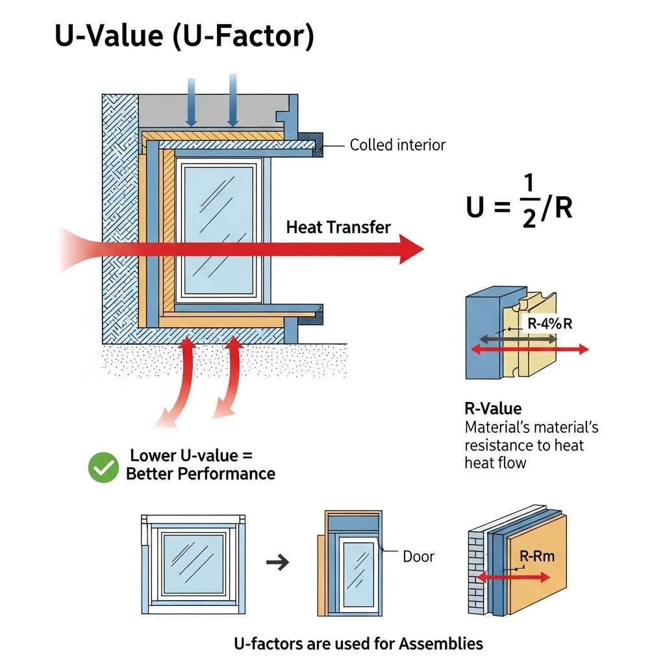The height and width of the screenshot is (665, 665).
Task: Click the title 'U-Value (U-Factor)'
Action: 184,38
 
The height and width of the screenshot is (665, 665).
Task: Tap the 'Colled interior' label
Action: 397,145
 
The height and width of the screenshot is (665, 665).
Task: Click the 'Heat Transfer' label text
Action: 338,227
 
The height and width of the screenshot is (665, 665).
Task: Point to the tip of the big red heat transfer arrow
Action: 421,249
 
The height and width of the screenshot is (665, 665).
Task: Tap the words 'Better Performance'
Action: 201,473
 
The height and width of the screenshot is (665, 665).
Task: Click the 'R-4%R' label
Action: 547,323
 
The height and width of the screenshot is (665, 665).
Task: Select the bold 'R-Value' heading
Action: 493,408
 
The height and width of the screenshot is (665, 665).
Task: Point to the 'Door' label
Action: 418,557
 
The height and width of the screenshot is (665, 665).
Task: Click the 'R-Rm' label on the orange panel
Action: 537,557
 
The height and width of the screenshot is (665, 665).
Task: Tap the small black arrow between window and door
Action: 278,562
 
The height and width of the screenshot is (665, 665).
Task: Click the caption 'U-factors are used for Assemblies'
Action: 358,644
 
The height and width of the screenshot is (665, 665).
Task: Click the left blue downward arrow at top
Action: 192,101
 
